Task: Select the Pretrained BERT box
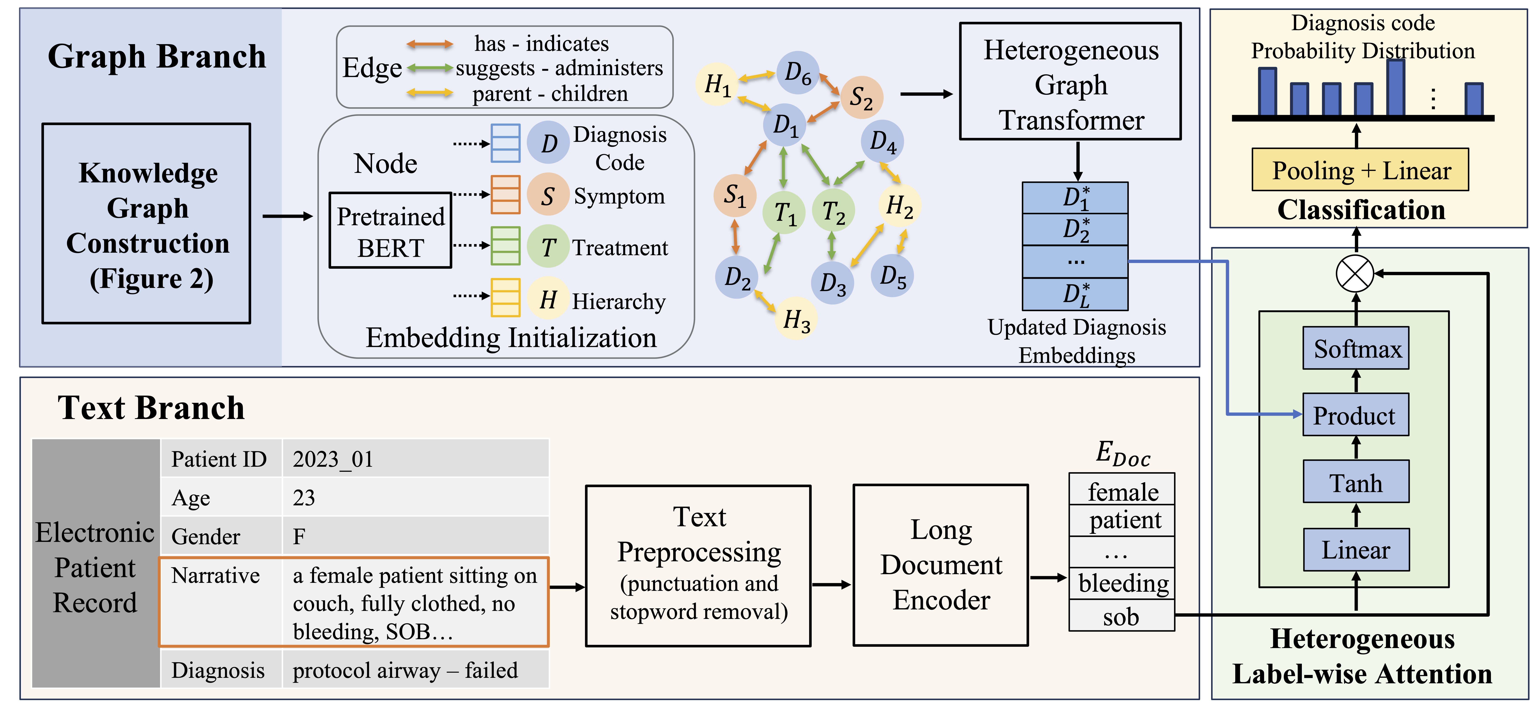point(390,231)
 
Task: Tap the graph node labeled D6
point(798,72)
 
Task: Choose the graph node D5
point(892,276)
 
